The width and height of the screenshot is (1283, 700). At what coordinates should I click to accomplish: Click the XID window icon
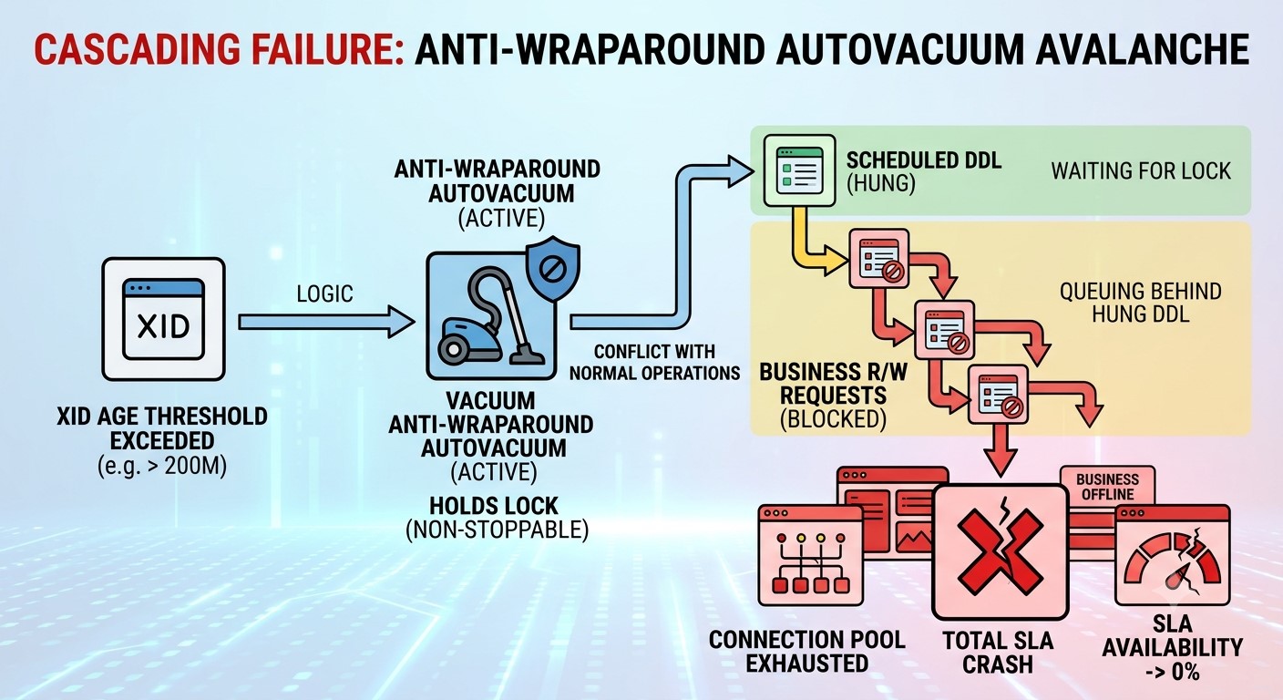(x=163, y=319)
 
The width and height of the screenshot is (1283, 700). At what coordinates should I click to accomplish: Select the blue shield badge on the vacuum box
(x=553, y=269)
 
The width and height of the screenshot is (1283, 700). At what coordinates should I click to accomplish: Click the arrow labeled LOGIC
(x=326, y=322)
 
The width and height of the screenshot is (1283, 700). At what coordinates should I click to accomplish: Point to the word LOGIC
(x=324, y=293)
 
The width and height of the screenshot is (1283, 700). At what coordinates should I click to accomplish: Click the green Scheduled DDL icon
(x=799, y=170)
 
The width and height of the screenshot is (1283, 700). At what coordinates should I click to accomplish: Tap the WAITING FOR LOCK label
(x=1141, y=171)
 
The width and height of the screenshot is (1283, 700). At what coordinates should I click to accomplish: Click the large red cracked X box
(x=1000, y=551)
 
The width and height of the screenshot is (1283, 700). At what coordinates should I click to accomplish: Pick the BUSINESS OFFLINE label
(x=1107, y=487)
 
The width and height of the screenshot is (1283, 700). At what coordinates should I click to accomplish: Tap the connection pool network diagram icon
(x=810, y=555)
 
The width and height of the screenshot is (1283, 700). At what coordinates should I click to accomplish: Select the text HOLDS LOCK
(x=494, y=506)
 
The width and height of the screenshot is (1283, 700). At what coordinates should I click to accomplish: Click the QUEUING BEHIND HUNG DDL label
(x=1140, y=303)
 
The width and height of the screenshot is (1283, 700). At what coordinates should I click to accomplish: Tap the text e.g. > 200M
(x=163, y=467)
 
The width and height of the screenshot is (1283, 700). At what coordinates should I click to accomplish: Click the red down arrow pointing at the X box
(x=1001, y=450)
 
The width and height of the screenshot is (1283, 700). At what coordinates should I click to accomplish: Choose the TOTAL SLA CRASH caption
(x=998, y=653)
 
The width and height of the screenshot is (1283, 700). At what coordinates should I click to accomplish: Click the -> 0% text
(x=1173, y=672)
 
